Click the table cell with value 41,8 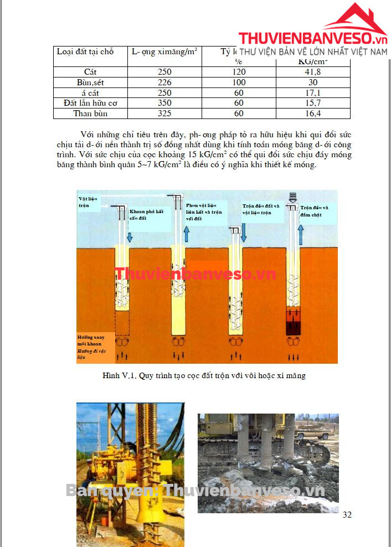[313, 71]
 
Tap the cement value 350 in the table [164, 103]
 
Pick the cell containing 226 [164, 82]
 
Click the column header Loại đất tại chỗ [85, 51]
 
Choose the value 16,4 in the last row [313, 113]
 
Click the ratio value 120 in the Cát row [239, 71]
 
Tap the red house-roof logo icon [355, 19]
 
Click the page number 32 [347, 514]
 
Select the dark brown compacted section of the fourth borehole [293, 321]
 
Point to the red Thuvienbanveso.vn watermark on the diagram [195, 273]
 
